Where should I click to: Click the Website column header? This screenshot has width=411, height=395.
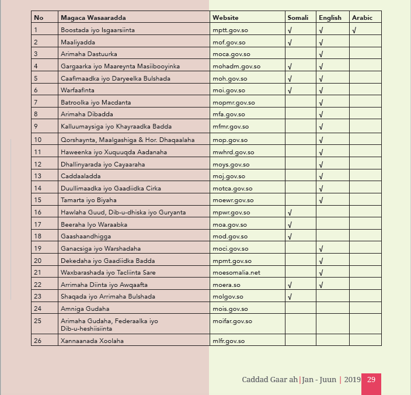[225, 18]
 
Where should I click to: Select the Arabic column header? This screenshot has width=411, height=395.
[362, 18]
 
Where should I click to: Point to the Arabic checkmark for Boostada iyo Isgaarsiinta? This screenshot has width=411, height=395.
[354, 30]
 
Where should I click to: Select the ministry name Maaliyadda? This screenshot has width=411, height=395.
[78, 42]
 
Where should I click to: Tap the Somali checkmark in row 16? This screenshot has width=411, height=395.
[290, 213]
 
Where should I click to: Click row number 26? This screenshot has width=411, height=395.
[38, 341]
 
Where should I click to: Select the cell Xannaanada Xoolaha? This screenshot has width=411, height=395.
[92, 341]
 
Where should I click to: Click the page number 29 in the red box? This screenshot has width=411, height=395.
[371, 380]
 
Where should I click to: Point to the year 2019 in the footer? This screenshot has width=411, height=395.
[352, 380]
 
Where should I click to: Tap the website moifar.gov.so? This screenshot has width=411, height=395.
[232, 321]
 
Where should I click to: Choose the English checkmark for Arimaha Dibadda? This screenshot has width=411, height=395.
[322, 115]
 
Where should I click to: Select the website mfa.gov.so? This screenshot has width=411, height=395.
[229, 115]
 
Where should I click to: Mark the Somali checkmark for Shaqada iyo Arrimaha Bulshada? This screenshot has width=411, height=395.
[290, 297]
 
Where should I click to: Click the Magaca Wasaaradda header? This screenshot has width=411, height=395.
[93, 18]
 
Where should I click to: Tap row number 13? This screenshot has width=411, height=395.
[38, 176]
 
